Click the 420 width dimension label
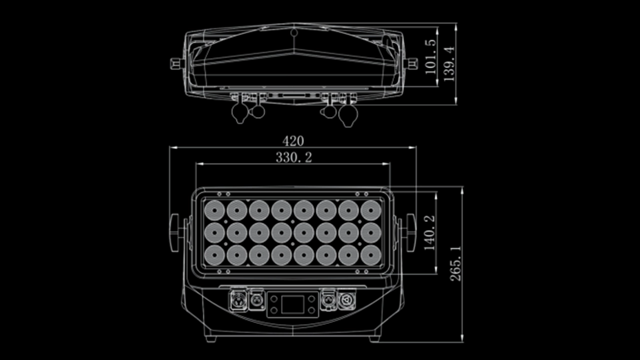(x=292, y=141)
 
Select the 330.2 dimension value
(x=293, y=157)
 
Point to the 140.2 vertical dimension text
(x=429, y=232)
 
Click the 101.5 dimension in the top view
(x=430, y=56)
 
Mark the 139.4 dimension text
(x=449, y=63)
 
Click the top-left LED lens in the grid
(x=214, y=210)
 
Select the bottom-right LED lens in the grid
(x=371, y=255)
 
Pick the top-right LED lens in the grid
(x=371, y=210)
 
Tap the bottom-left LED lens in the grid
(x=214, y=255)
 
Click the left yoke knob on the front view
(x=175, y=232)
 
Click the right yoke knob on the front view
(x=410, y=232)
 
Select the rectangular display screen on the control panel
(x=292, y=304)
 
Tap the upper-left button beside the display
(x=274, y=298)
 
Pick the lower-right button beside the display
(x=311, y=310)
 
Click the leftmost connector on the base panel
(x=237, y=300)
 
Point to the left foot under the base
(x=211, y=338)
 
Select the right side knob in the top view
(x=412, y=63)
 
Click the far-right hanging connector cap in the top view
(x=348, y=115)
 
